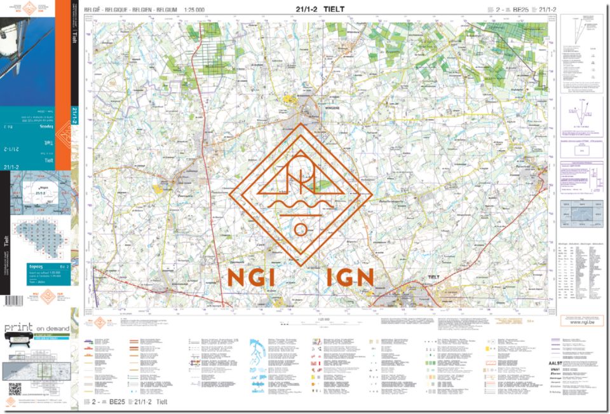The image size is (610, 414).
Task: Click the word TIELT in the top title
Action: click(x=334, y=9)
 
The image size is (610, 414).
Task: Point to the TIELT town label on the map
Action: click(x=434, y=277)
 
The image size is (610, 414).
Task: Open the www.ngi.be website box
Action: click(x=581, y=322)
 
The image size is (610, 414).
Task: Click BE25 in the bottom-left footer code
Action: click(x=117, y=403)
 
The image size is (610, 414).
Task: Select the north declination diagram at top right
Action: click(x=580, y=32)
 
